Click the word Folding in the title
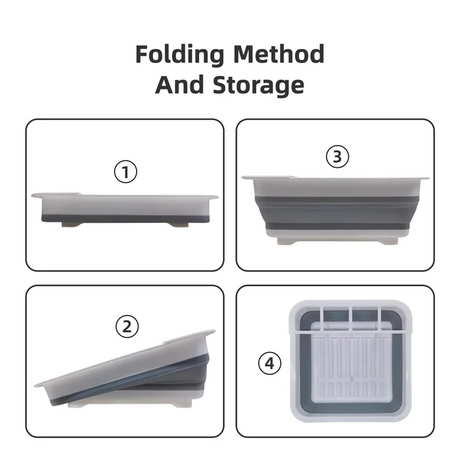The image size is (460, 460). click(180, 55)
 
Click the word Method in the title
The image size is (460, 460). click(279, 54)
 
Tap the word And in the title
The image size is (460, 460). click(179, 85)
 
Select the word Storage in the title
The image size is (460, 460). click(258, 86)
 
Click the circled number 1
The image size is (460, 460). click(126, 172)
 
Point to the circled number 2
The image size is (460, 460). click(127, 327)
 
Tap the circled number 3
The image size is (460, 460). click(337, 156)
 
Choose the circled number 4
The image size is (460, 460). click(270, 363)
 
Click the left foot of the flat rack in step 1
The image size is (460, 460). click(71, 225)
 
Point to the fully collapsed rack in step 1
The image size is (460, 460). click(125, 210)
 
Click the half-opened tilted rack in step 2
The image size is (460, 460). click(125, 369)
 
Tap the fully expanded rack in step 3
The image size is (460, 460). click(335, 210)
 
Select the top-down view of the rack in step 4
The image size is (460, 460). click(351, 361)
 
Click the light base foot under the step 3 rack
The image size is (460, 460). click(337, 240)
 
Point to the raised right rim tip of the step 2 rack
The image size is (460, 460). click(213, 332)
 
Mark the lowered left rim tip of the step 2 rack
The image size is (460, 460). click(37, 385)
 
